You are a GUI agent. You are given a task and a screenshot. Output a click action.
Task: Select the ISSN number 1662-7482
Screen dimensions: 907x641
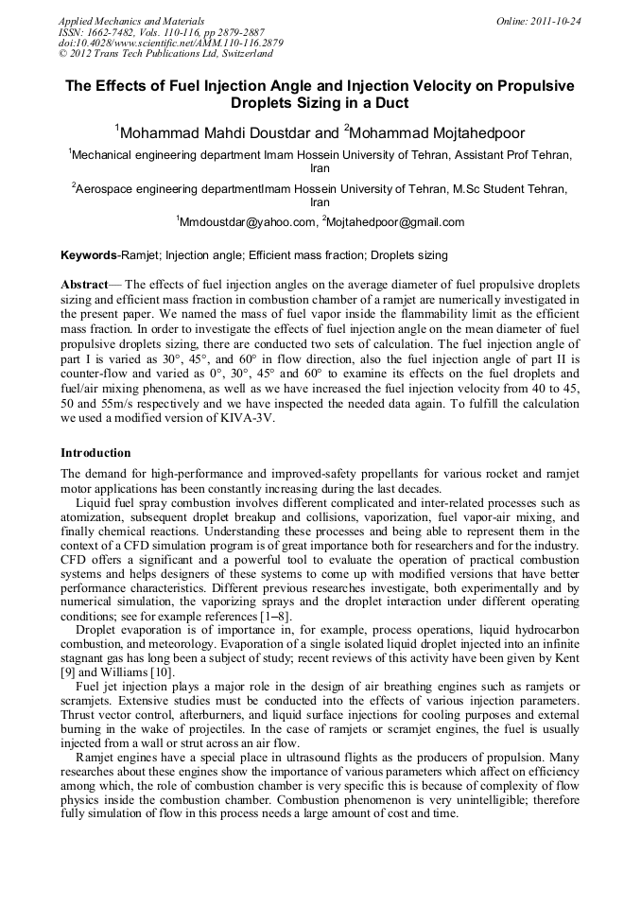click(113, 32)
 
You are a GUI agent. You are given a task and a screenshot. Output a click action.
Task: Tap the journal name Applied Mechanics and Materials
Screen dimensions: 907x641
click(131, 21)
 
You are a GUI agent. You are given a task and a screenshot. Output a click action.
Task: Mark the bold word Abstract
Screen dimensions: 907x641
click(84, 285)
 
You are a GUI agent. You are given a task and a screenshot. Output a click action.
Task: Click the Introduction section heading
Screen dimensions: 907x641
click(95, 453)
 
